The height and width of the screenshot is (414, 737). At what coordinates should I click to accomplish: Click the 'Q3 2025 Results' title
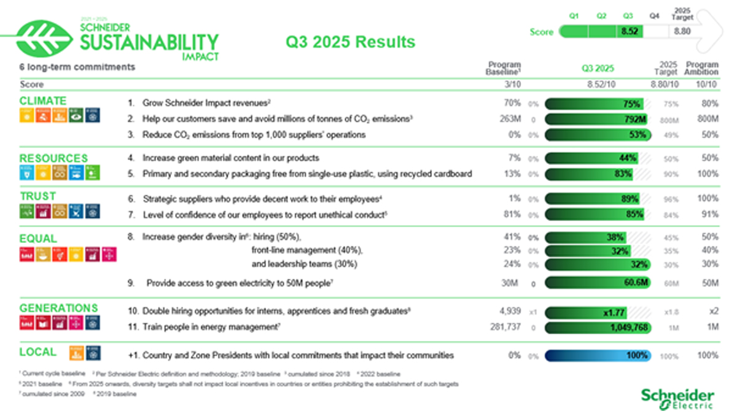coord(351,42)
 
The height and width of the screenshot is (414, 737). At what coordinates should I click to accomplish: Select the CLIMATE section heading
coord(43,101)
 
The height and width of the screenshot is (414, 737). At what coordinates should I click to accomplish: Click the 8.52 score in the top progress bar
coord(630,32)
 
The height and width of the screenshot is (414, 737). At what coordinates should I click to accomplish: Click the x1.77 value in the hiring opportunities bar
coord(615,312)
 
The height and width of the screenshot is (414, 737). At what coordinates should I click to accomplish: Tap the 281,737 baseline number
coord(505,328)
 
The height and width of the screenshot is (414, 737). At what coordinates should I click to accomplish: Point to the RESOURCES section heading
coord(53,158)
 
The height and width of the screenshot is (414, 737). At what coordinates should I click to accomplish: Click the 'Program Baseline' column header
coord(504,68)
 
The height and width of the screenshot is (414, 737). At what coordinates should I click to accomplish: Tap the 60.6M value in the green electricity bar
coord(636,283)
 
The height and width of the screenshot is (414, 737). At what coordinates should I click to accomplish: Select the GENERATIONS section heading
coord(58,308)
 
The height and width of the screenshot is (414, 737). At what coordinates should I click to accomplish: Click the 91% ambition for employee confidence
coord(709,214)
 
